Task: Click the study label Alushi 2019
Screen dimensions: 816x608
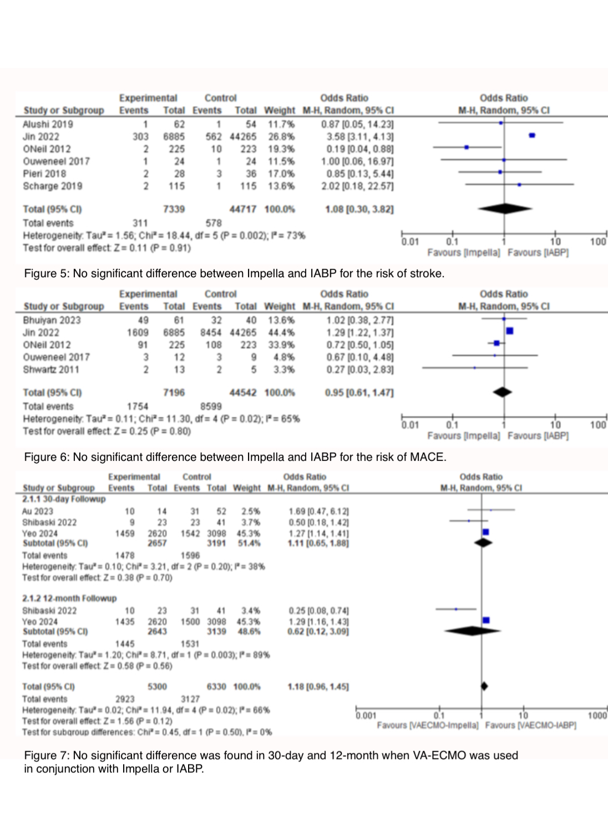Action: [x=48, y=124]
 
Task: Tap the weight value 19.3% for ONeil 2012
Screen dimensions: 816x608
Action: [x=281, y=149]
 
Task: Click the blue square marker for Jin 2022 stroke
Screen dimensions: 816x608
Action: [x=532, y=135]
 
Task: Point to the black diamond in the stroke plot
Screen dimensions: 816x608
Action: [x=505, y=209]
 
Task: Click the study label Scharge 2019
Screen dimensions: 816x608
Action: [x=52, y=186]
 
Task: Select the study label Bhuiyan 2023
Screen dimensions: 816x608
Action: [x=52, y=320]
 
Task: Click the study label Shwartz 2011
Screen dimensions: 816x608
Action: [x=51, y=369]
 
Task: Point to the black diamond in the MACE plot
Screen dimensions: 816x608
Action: [x=503, y=392]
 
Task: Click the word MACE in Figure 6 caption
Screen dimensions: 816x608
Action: [x=426, y=457]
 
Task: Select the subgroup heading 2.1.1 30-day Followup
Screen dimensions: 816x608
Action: [x=64, y=499]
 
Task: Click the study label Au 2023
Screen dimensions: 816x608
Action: [x=38, y=511]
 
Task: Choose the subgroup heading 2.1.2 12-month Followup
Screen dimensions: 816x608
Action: [x=69, y=599]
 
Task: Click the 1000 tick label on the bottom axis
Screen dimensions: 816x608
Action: [x=597, y=716]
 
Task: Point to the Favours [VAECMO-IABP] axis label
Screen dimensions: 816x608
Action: [x=530, y=726]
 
